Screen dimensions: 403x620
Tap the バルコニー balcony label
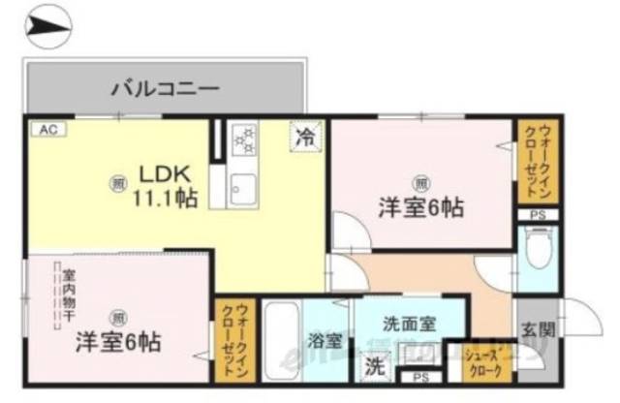164,89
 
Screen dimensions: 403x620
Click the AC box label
46,128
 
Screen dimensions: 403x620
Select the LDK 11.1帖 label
166,187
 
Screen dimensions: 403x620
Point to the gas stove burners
241,141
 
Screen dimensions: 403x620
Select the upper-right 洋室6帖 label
420,206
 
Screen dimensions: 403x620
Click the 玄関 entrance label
539,329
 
